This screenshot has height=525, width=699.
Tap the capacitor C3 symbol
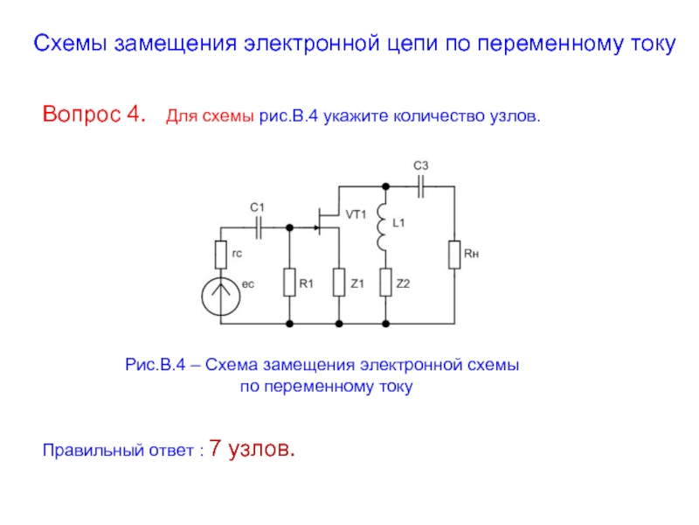(x=421, y=185)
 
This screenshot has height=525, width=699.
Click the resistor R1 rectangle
(x=288, y=283)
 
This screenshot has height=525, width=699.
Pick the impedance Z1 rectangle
(x=339, y=283)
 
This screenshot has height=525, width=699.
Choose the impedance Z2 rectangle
(x=384, y=283)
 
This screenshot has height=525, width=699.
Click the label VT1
(x=356, y=214)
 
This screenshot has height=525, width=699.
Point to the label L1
(x=399, y=224)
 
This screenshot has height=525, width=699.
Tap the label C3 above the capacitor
(x=420, y=165)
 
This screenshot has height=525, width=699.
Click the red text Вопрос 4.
(x=94, y=115)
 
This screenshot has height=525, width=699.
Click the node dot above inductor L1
(x=384, y=185)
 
